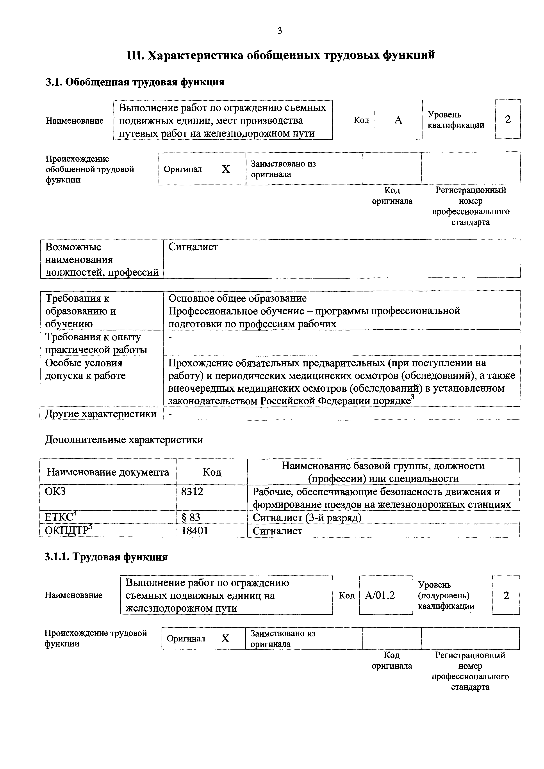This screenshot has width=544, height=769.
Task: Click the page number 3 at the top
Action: click(x=280, y=31)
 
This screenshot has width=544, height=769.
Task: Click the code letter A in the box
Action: click(x=398, y=120)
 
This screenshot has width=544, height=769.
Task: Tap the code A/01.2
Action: click(x=380, y=595)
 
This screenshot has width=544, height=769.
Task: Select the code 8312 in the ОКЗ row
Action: click(x=192, y=492)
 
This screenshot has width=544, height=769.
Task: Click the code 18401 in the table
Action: click(x=195, y=531)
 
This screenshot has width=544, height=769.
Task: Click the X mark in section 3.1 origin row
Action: click(x=226, y=169)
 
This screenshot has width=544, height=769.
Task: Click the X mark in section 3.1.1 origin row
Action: click(x=225, y=639)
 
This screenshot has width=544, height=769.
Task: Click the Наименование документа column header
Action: click(x=108, y=472)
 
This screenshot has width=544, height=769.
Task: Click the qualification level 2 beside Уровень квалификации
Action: click(x=507, y=120)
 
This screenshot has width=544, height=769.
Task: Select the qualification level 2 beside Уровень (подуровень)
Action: click(x=506, y=595)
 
